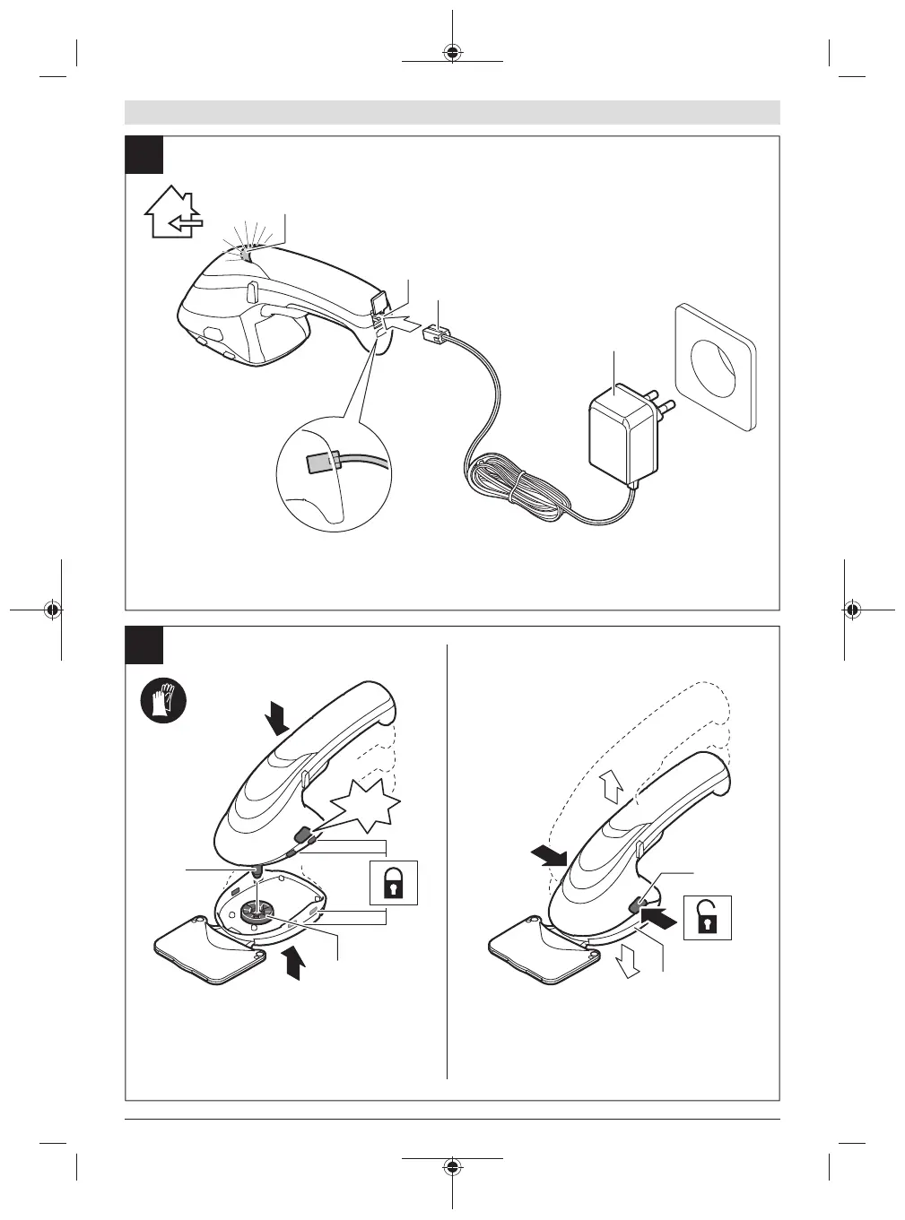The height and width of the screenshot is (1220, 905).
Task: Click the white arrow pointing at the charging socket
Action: tap(404, 322)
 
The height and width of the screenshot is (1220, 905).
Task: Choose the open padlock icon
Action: tap(707, 917)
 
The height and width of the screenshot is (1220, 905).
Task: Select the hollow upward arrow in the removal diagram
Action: tap(613, 788)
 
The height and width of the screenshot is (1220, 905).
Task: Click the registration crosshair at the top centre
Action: tap(453, 51)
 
